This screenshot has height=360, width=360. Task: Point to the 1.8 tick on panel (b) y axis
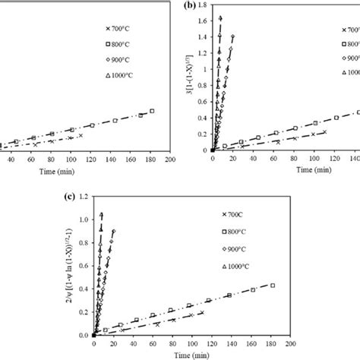(198, 5)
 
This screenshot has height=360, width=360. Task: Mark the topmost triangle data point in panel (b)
(220, 17)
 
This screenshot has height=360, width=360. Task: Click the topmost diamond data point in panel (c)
(113, 231)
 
